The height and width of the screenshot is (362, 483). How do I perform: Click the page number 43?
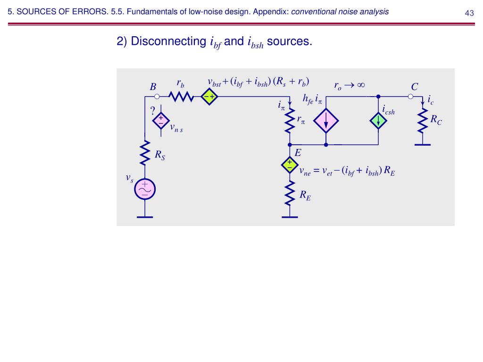tap(469, 13)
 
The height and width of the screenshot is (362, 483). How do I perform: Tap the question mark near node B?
tap(152, 111)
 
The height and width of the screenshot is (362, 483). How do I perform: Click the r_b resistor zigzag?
tap(181, 97)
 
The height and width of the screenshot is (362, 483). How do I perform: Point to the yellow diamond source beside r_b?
tap(208, 97)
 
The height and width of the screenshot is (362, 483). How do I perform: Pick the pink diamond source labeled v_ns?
tap(161, 121)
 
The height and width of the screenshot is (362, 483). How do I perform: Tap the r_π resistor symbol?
tap(289, 122)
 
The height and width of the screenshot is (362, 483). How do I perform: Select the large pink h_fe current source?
tap(326, 121)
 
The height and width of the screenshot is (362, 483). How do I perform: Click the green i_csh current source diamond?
tap(378, 121)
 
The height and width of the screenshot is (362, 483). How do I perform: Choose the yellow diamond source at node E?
tap(289, 165)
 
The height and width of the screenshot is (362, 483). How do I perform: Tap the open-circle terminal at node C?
tap(410, 97)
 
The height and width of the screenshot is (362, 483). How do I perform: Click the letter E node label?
tap(298, 153)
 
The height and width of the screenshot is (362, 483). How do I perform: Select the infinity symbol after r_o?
tap(361, 85)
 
